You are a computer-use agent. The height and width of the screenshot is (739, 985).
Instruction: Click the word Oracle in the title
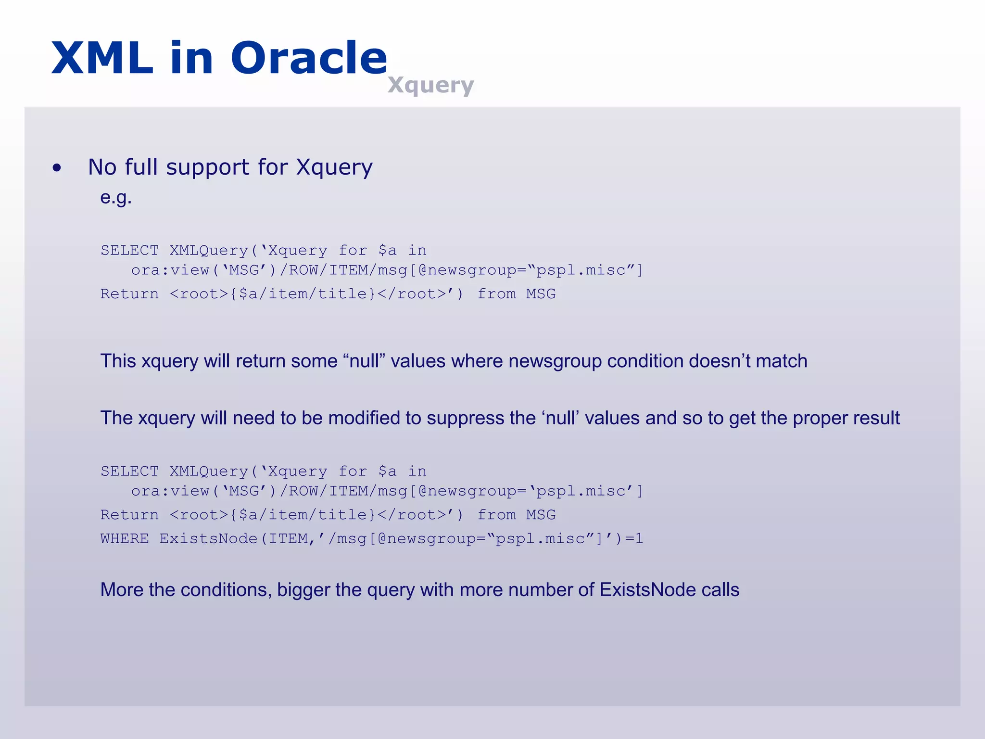(x=309, y=58)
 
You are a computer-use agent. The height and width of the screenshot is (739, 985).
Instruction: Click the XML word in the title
(x=102, y=58)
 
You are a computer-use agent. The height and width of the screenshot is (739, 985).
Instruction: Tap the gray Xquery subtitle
(x=430, y=85)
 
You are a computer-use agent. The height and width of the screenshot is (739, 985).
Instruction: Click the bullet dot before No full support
(x=57, y=168)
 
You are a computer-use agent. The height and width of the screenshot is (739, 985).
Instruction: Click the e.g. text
(x=116, y=197)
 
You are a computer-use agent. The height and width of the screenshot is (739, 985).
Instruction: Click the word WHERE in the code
(x=125, y=538)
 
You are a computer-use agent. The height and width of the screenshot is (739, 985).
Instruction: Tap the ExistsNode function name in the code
(x=208, y=538)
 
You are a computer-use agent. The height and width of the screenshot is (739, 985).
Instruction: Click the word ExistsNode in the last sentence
(x=648, y=590)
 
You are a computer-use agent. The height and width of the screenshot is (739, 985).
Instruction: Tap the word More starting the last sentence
(x=122, y=590)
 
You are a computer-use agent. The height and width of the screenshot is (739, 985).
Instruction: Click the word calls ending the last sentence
(x=720, y=590)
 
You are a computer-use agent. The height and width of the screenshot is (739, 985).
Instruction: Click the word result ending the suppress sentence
(x=876, y=418)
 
